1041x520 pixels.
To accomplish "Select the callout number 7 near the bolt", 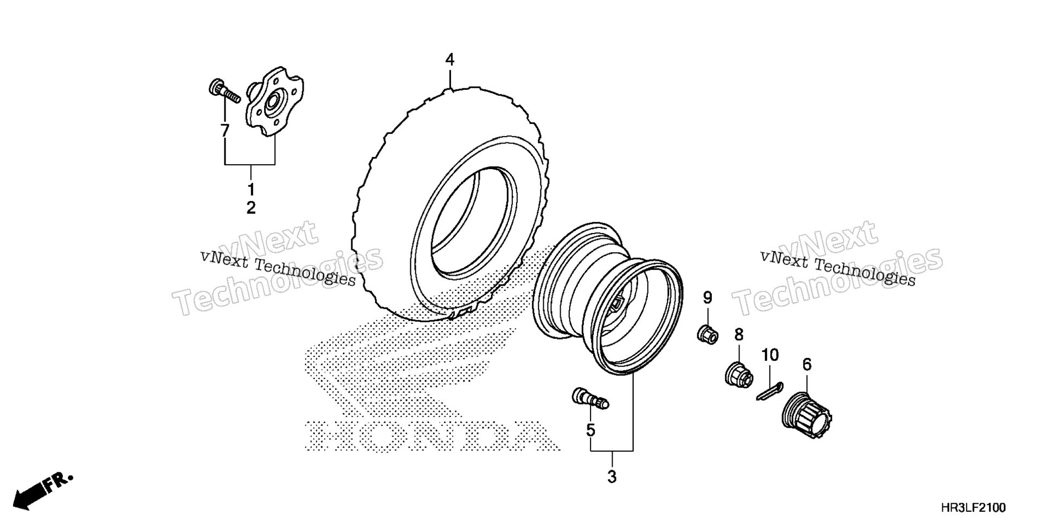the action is coord(224,131).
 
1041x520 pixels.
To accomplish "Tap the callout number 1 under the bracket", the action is coord(251,190).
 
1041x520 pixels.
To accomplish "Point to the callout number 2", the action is coord(251,207).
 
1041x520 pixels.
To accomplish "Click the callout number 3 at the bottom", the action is coord(612,477).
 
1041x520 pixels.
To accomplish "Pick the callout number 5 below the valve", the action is coord(590,430).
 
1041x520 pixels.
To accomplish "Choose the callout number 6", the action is coord(807,365).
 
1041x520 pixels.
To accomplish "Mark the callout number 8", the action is coord(739,335).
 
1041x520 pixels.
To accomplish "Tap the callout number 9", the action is coord(708,297).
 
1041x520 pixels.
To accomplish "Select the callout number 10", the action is coord(770,355).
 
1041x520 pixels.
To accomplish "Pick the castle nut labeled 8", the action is coord(738,374).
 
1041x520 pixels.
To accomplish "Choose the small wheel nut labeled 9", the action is coord(708,333).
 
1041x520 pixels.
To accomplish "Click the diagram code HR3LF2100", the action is coord(973,508).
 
